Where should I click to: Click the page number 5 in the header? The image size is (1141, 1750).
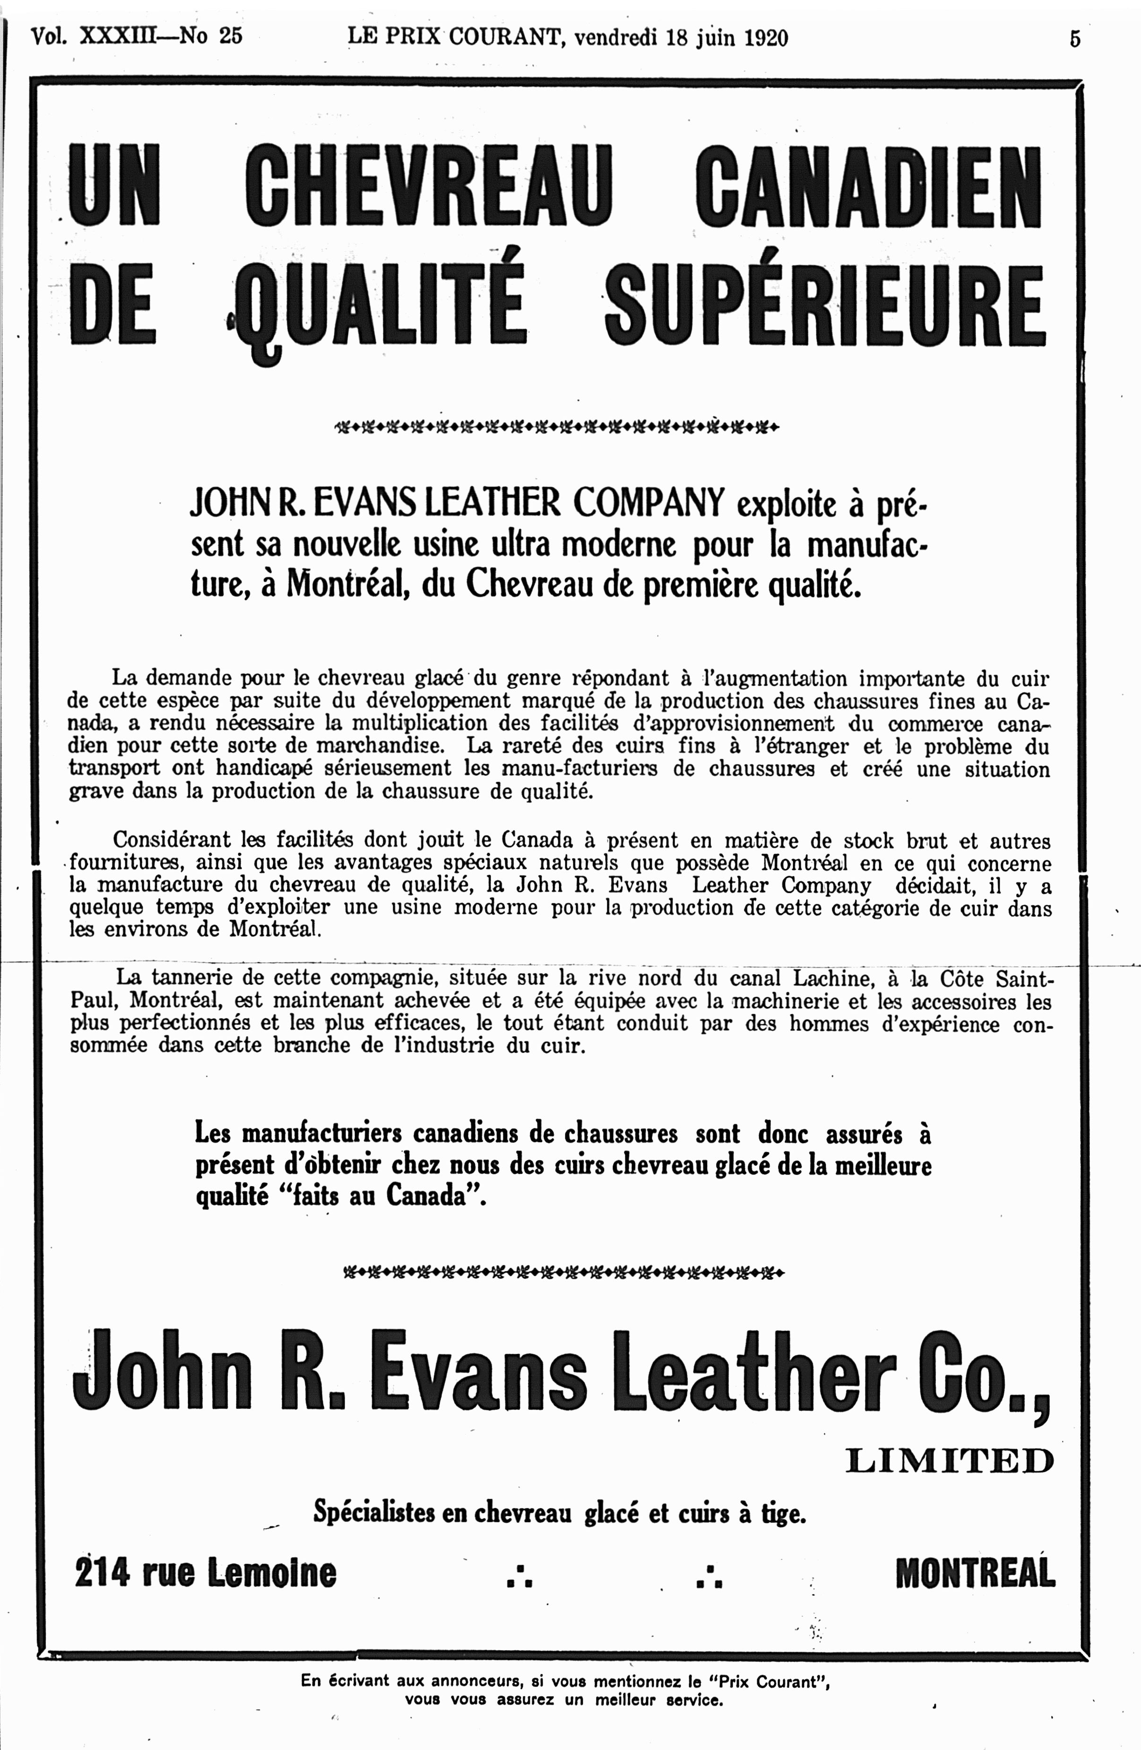click(x=1075, y=38)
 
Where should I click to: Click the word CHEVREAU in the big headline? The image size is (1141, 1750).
click(x=429, y=185)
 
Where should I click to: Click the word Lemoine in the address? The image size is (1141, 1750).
click(x=272, y=1572)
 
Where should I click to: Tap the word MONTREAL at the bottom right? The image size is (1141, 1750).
click(x=975, y=1572)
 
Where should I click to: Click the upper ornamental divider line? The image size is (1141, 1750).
click(x=556, y=426)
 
